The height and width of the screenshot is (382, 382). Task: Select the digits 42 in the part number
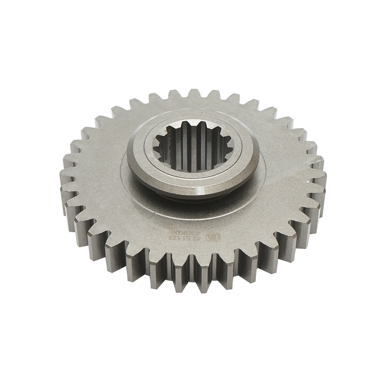tap(200, 237)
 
